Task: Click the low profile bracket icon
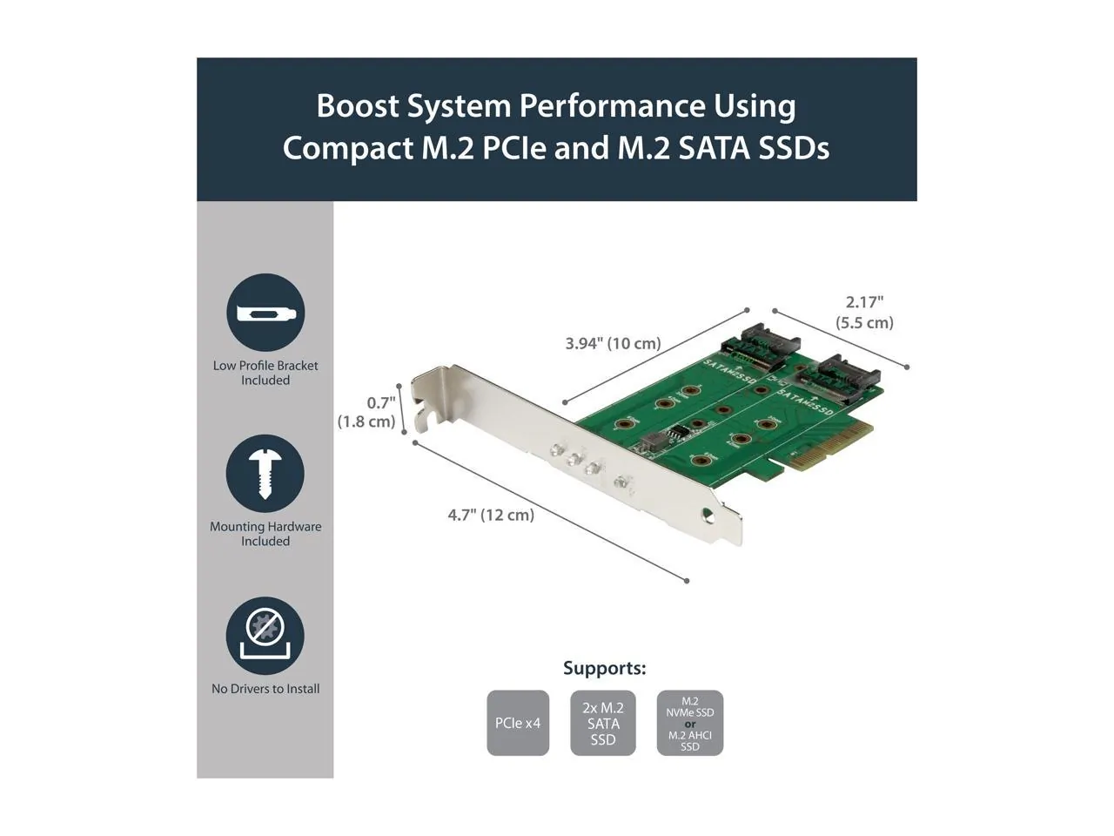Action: click(265, 313)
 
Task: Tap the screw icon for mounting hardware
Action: click(265, 474)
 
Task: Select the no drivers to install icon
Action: click(265, 635)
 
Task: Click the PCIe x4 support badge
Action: click(518, 723)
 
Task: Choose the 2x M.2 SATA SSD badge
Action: click(603, 723)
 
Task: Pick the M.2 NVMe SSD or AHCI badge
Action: click(690, 723)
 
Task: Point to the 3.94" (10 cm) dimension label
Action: click(613, 343)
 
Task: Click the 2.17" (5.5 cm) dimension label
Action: click(864, 312)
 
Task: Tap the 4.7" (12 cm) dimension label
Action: click(491, 515)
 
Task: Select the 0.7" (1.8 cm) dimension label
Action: click(367, 412)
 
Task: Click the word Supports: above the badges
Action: click(604, 668)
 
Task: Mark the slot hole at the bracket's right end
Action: click(718, 513)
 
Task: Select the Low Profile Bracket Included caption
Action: click(265, 373)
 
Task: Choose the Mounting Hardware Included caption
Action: click(265, 533)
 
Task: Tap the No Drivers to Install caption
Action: click(265, 689)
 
